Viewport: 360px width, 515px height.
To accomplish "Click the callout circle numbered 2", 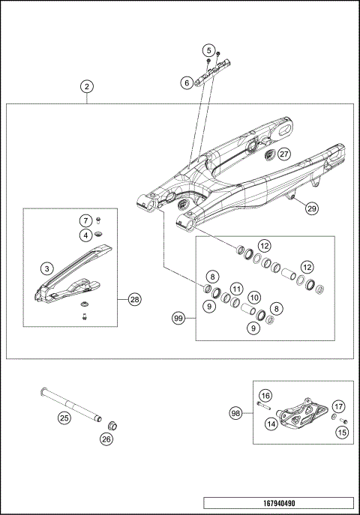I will [88, 87].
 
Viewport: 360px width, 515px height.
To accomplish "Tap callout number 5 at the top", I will [208, 49].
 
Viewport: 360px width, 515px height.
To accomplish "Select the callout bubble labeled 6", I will [187, 83].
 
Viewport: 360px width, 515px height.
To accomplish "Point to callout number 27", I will [283, 154].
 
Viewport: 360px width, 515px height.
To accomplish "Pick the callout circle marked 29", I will [311, 210].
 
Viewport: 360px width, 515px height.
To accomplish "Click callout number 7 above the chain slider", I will [86, 220].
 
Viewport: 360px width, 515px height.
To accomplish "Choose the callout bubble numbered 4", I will [86, 235].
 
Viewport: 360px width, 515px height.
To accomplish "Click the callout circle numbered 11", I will [235, 288].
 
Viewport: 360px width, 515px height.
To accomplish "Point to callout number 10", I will [254, 298].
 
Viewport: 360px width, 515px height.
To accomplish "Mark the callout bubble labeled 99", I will [180, 319].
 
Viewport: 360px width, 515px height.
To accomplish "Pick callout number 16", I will [265, 395].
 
